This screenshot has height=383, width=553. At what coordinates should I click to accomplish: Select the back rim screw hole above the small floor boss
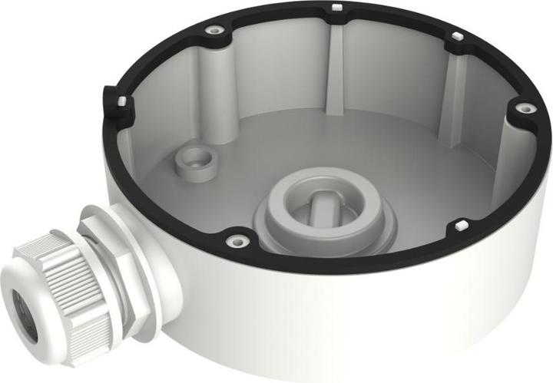(x=215, y=30)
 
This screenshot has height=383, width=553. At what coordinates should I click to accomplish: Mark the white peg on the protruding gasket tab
(x=121, y=100)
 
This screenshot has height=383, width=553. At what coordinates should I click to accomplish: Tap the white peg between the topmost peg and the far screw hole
(x=455, y=36)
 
